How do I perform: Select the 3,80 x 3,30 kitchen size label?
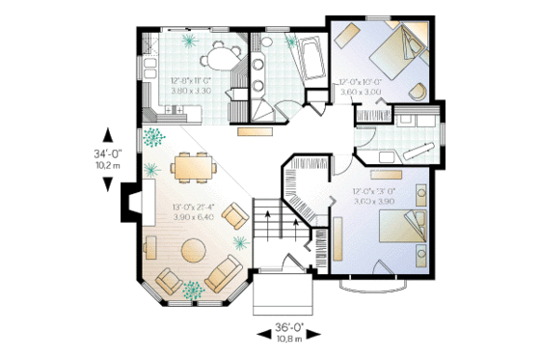click(190, 91)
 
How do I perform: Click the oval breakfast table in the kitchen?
click(221, 62)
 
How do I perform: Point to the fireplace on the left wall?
click(126, 202)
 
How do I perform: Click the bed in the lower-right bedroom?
click(403, 229)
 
